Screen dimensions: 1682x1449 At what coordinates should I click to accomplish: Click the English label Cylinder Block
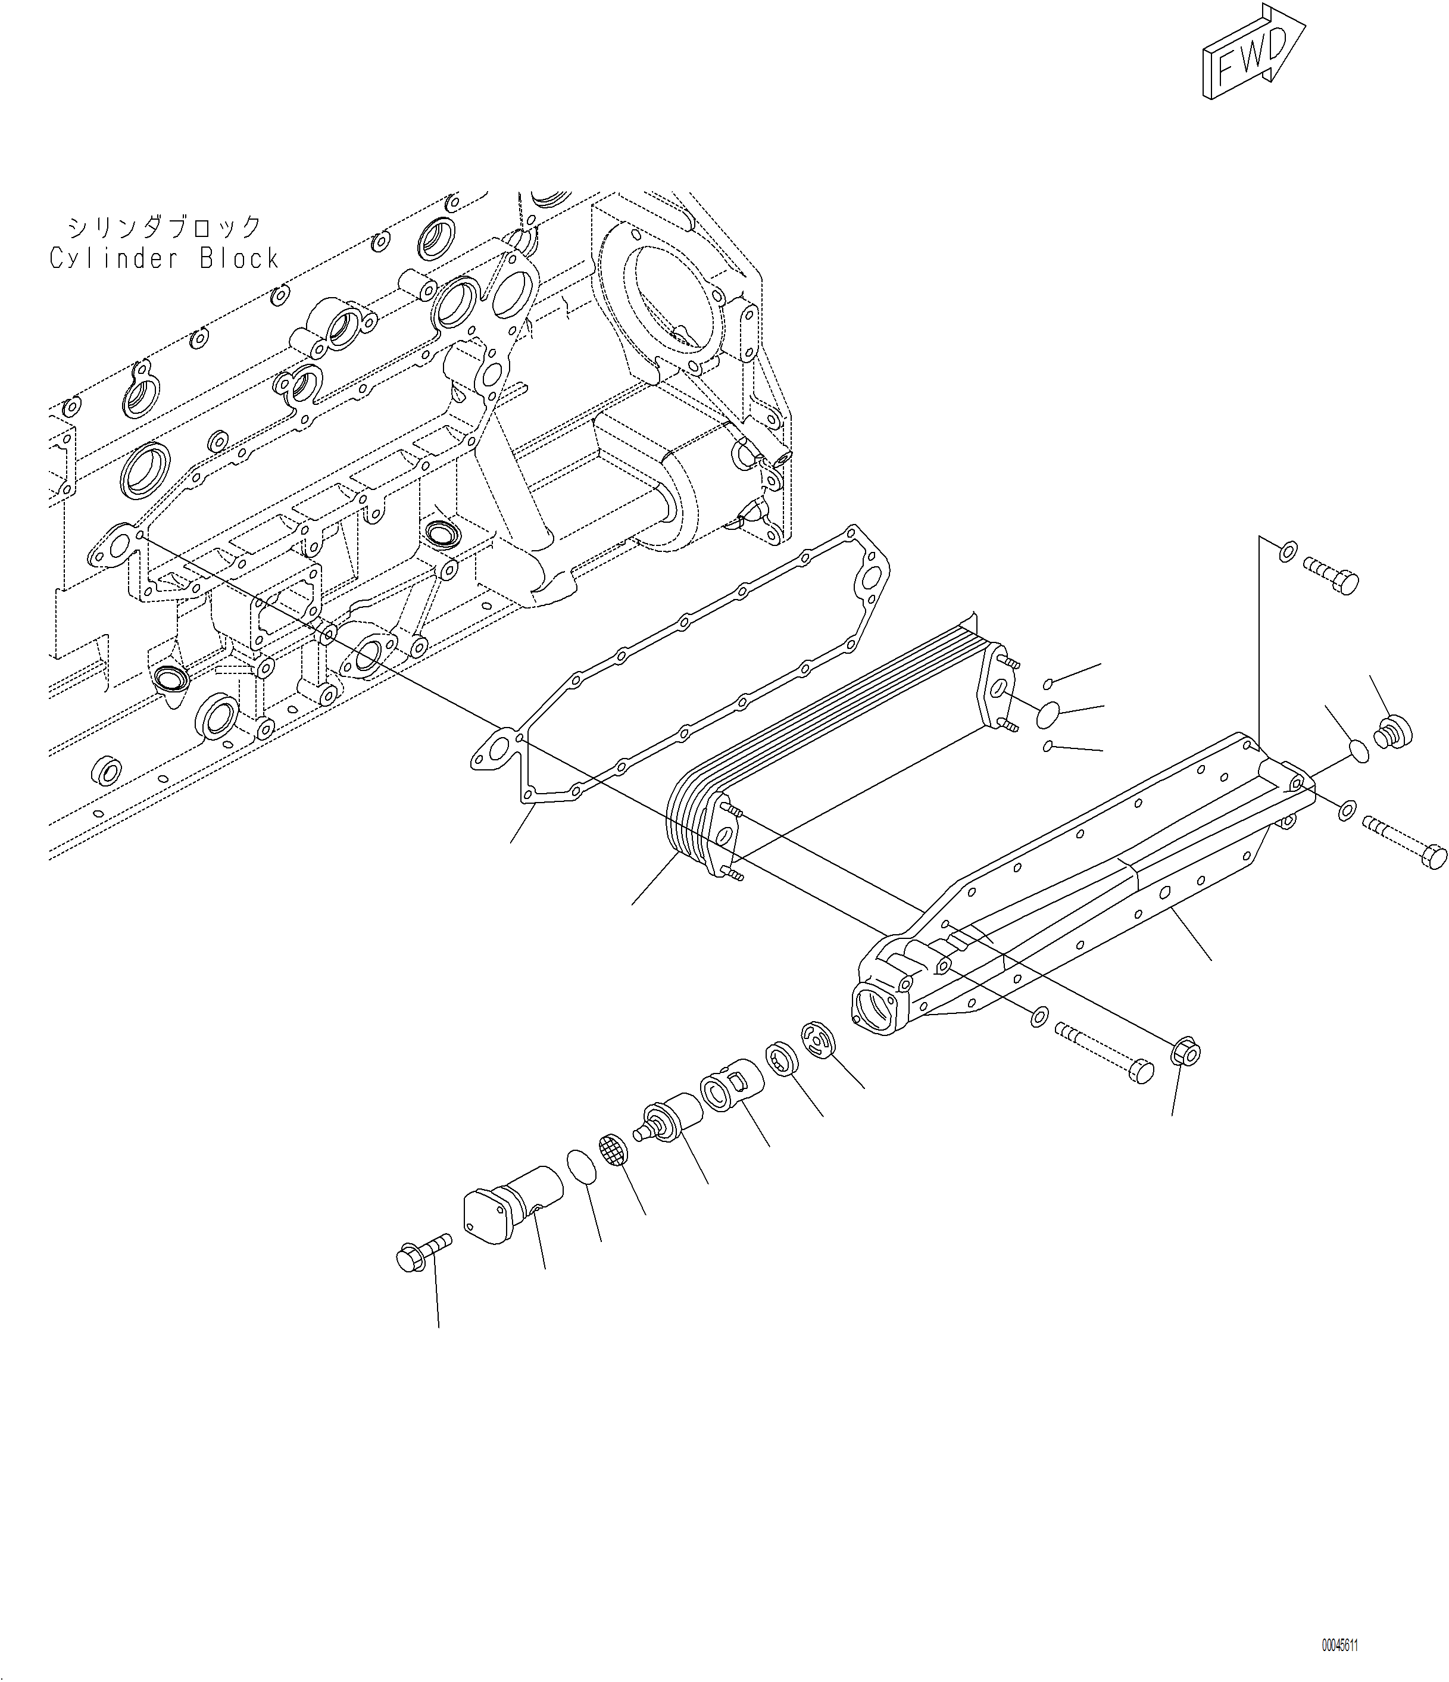[x=164, y=259]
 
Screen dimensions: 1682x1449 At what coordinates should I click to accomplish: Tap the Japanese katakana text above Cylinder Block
[x=164, y=226]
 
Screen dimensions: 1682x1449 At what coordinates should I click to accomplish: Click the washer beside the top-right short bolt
[x=1288, y=554]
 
